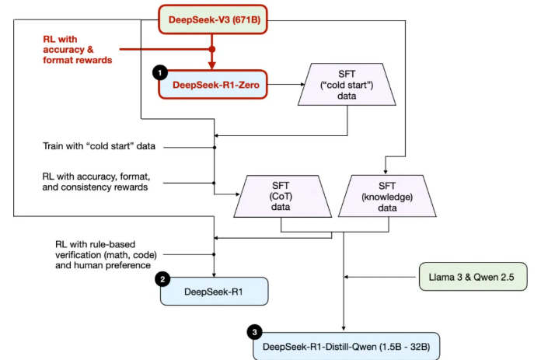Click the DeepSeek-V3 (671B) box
pyautogui.click(x=213, y=20)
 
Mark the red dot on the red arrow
pyautogui.click(x=212, y=49)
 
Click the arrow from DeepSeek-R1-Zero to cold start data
pyautogui.click(x=284, y=83)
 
